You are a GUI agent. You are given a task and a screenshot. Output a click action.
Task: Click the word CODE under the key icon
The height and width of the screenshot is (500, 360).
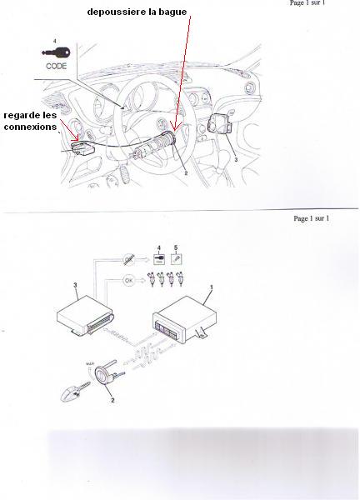[x=56, y=66]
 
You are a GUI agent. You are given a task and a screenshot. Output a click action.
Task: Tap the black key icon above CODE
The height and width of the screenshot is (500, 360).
[x=56, y=52]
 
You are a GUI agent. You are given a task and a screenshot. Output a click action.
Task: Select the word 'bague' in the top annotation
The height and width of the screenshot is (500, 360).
[x=173, y=12]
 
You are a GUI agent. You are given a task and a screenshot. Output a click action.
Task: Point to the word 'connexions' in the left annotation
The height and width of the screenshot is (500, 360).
[x=30, y=127]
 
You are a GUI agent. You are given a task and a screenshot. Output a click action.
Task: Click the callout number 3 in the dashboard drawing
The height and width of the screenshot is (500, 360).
[x=236, y=159]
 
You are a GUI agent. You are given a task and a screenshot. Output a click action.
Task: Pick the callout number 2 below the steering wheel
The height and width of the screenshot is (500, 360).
[x=186, y=173]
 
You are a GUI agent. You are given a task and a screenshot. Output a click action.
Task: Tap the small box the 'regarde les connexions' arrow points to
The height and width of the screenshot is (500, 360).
[x=83, y=148]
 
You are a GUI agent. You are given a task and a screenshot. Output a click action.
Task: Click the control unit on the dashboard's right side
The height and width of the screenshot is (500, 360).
[x=220, y=123]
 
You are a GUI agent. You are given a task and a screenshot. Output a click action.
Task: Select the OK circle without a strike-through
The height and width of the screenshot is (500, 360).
[x=129, y=280]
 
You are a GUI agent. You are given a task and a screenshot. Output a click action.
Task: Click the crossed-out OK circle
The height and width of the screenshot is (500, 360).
[x=129, y=260]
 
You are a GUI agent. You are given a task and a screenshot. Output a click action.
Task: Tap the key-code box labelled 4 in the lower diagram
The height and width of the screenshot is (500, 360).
[x=159, y=258]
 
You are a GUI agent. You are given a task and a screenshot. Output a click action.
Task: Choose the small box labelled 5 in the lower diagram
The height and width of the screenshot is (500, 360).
[x=176, y=258]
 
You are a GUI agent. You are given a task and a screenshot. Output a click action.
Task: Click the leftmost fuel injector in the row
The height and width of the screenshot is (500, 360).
[x=152, y=278]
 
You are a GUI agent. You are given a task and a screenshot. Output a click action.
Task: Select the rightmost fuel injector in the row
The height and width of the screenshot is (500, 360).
[x=181, y=278]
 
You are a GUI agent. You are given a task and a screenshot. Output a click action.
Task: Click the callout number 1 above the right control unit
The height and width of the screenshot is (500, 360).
[x=211, y=287]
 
